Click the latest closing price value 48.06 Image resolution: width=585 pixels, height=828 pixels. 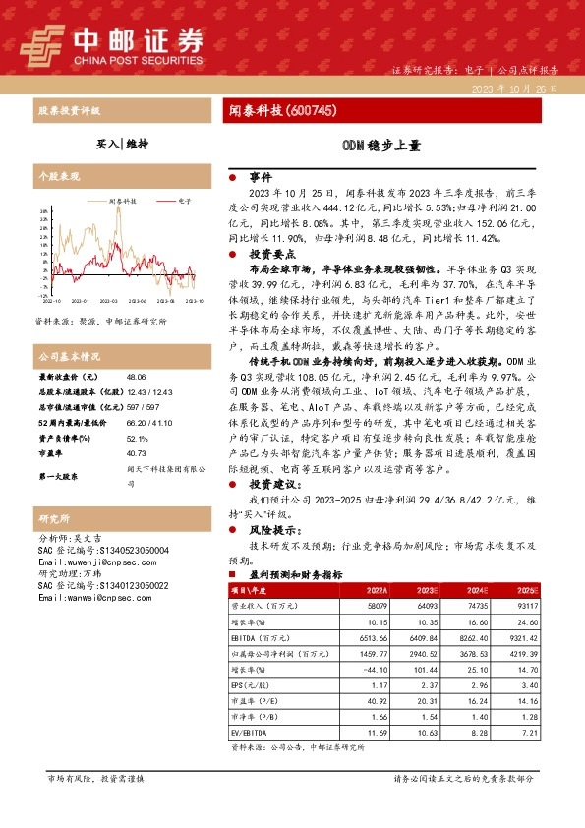[x=136, y=377]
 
